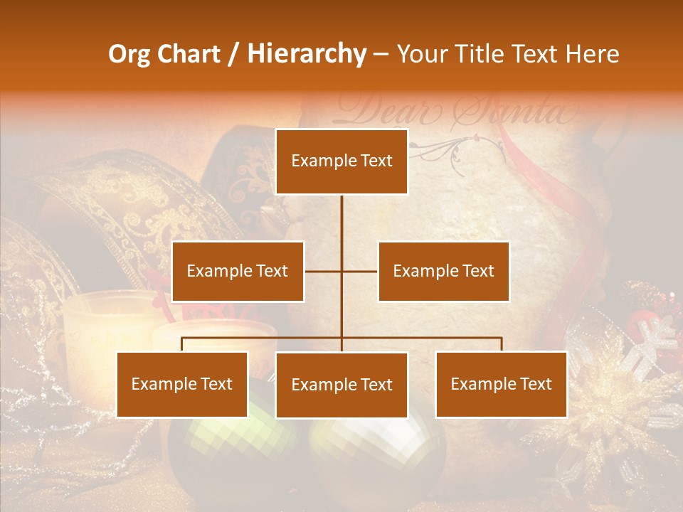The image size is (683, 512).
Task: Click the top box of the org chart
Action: click(x=341, y=161)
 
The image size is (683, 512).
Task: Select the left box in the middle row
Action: click(x=238, y=271)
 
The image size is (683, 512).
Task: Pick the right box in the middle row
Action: click(x=443, y=271)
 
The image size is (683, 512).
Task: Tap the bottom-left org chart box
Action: click(x=182, y=384)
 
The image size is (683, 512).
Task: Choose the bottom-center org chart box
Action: click(x=341, y=385)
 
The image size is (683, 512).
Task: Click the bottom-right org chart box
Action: click(x=501, y=384)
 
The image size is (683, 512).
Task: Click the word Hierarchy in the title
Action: click(x=307, y=54)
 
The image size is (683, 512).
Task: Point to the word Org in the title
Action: click(x=129, y=54)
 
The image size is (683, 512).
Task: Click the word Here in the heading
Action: click(x=592, y=54)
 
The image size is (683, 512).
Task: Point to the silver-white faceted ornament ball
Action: click(x=377, y=448)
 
